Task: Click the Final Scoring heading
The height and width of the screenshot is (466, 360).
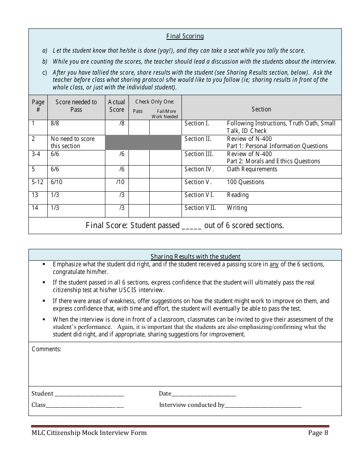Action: pos(185,36)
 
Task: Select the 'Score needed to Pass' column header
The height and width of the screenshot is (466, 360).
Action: pos(76,106)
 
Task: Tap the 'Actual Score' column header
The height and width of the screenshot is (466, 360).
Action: pos(117,106)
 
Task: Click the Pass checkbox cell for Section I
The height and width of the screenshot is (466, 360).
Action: pos(139,127)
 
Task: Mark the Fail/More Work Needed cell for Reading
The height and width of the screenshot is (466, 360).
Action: pos(165,198)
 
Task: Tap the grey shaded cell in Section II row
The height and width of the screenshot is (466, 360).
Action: pos(143,142)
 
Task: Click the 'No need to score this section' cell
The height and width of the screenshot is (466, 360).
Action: pos(73,142)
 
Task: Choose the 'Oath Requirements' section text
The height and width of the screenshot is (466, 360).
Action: pos(252,169)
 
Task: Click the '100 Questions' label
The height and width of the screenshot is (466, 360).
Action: pos(245,182)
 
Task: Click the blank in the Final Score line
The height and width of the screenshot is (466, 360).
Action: pos(192,226)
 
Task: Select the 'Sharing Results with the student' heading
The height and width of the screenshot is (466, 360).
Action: pos(196,256)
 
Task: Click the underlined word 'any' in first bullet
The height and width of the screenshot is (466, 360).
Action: pos(274,264)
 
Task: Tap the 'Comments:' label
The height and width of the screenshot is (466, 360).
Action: pos(46,349)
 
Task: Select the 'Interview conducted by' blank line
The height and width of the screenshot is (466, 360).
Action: pos(263,406)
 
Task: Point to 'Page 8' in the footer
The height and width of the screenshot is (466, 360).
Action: pos(318,433)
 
